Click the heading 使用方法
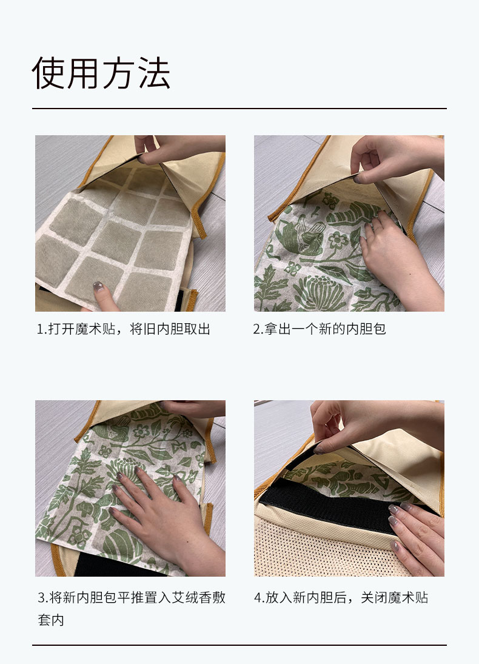coord(101,73)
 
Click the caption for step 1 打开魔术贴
coord(123,329)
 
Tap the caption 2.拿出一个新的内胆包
coord(320,329)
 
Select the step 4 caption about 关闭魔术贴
coord(341,597)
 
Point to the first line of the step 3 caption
coord(132,597)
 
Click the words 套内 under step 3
coord(51,620)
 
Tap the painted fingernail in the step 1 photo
coord(98,287)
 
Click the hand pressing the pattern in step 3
coord(169,521)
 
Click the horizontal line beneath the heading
coord(239,109)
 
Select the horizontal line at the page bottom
coord(239,645)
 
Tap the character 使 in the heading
coord(49,73)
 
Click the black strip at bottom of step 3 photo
coord(119,564)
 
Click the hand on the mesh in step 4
coord(417,538)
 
